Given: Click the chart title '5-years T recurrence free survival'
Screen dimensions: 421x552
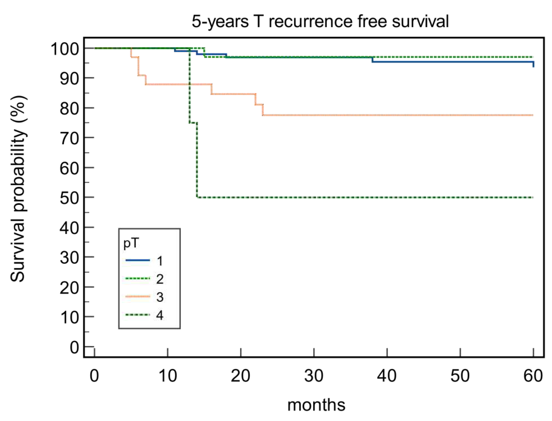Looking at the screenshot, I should tap(320, 21).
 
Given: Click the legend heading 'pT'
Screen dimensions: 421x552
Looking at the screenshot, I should tap(131, 243).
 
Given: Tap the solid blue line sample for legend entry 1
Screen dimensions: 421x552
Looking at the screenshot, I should tap(138, 260).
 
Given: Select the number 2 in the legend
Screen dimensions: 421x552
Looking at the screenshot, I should tap(160, 279).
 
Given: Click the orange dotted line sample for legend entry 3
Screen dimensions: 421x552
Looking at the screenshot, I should tap(138, 297).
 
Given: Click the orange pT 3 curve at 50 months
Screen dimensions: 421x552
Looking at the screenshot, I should tap(460, 115).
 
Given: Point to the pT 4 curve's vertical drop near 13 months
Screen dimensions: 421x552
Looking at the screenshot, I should tap(189, 85).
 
